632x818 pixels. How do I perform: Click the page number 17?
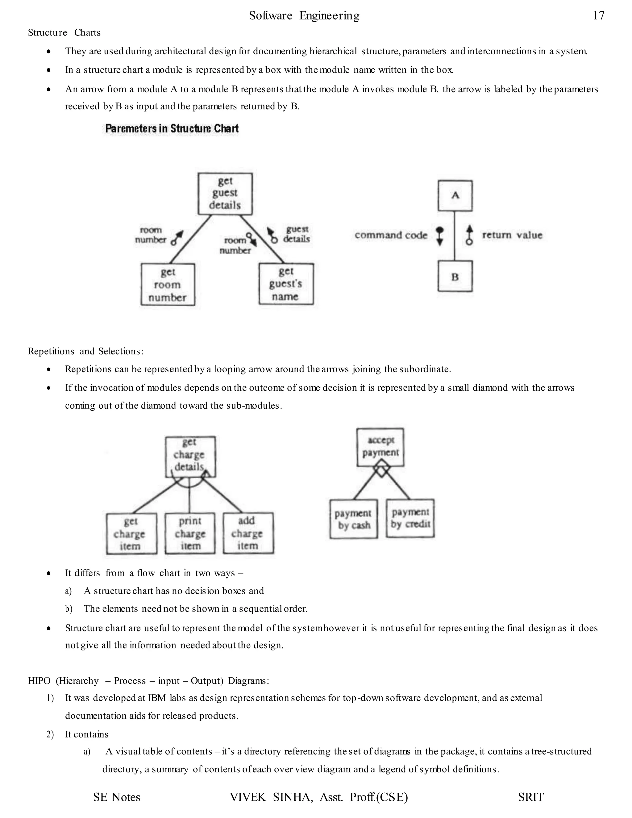pyautogui.click(x=598, y=15)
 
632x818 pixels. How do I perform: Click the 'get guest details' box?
pyautogui.click(x=225, y=193)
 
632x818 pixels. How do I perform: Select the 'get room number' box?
pyautogui.click(x=168, y=285)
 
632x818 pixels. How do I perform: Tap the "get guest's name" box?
pyautogui.click(x=286, y=284)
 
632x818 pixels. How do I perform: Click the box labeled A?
pyautogui.click(x=455, y=195)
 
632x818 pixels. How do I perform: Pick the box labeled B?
pyautogui.click(x=455, y=276)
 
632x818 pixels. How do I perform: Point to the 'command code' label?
pyautogui.click(x=391, y=235)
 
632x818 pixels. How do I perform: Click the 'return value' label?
pyautogui.click(x=512, y=235)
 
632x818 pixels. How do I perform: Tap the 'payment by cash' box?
pyautogui.click(x=353, y=519)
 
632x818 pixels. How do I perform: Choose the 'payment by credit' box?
pyautogui.click(x=410, y=518)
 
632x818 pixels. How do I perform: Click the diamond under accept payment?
pyautogui.click(x=381, y=470)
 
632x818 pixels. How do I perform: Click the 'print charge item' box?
pyautogui.click(x=190, y=533)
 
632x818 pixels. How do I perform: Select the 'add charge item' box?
pyautogui.click(x=248, y=533)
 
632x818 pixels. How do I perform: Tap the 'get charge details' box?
pyautogui.click(x=190, y=455)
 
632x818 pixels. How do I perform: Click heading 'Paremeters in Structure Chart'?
pyautogui.click(x=172, y=128)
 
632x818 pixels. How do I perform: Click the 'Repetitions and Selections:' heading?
pyautogui.click(x=86, y=351)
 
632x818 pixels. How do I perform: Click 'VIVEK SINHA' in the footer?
pyautogui.click(x=271, y=797)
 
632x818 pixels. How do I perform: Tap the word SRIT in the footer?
pyautogui.click(x=530, y=797)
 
